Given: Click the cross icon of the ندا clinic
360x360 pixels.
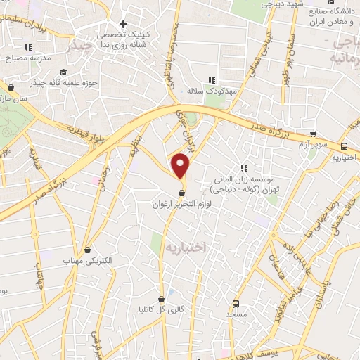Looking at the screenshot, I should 124,24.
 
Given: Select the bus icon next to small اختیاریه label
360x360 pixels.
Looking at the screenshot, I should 345,147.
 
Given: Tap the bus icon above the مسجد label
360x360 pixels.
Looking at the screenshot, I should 236,304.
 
